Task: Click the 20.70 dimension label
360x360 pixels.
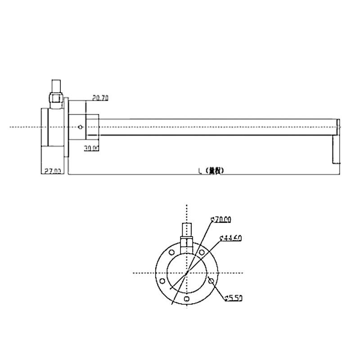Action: pos(99,97)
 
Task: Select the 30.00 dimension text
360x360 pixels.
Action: pos(92,148)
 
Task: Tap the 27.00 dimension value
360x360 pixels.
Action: pos(52,171)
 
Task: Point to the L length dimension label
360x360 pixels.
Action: pos(211,171)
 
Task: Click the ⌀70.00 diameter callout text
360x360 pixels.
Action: pos(221,219)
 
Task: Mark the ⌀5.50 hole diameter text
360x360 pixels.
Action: pos(234,298)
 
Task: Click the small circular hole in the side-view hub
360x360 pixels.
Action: pos(80,127)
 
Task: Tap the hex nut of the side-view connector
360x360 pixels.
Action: pos(55,97)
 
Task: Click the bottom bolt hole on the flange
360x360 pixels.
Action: pos(187,299)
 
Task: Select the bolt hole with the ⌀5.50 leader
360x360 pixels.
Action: pos(211,281)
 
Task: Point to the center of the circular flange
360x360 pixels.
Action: pos(187,273)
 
